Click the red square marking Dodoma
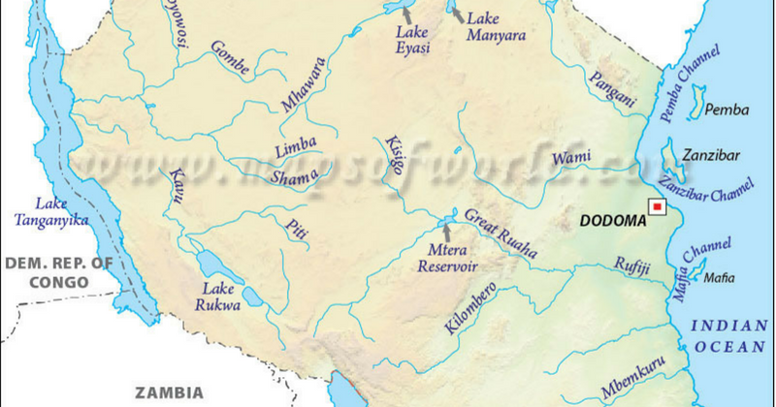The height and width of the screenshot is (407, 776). click(657, 206)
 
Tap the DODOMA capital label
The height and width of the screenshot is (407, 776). click(611, 221)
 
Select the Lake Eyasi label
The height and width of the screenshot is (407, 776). click(412, 39)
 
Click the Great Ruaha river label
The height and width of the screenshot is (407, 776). click(500, 234)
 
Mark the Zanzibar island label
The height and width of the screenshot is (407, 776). click(710, 155)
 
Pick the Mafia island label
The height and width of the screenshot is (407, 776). click(719, 278)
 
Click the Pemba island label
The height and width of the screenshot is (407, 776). click(727, 110)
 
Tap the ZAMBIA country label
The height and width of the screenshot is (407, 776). click(169, 393)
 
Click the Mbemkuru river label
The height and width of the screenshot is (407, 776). click(633, 378)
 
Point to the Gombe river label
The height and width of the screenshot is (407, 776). click(230, 59)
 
